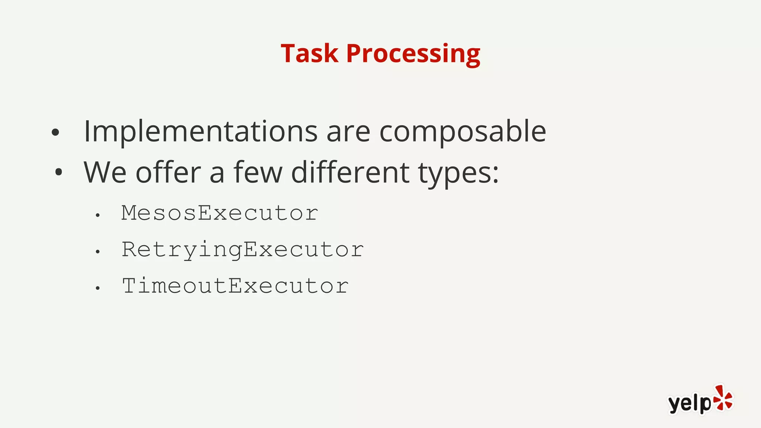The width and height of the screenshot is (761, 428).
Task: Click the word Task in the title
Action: pyautogui.click(x=309, y=53)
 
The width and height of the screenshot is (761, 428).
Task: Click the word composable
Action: pyautogui.click(x=462, y=132)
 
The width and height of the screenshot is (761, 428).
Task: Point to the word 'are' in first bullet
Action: pyautogui.click(x=348, y=132)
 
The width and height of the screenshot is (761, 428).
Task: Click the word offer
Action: pyautogui.click(x=168, y=172)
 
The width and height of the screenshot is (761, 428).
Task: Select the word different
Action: pyautogui.click(x=350, y=172)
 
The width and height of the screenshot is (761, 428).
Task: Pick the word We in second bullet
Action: pyautogui.click(x=105, y=172)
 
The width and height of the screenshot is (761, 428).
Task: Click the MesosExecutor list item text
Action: pyautogui.click(x=220, y=213)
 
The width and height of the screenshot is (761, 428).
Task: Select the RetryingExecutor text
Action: pyautogui.click(x=243, y=250)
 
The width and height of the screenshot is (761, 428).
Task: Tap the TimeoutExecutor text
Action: pyautogui.click(x=235, y=286)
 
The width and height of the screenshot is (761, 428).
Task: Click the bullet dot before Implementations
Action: pyautogui.click(x=55, y=133)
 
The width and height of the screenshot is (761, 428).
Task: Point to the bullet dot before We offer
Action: pyautogui.click(x=58, y=172)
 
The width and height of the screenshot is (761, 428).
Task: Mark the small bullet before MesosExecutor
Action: pyautogui.click(x=97, y=215)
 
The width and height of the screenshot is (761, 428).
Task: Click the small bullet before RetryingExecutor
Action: pyautogui.click(x=97, y=252)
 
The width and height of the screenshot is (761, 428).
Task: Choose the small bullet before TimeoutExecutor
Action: pyautogui.click(x=97, y=288)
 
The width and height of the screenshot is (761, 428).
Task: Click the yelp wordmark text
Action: pyautogui.click(x=689, y=403)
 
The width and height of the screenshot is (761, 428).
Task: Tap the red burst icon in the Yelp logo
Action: pyautogui.click(x=723, y=398)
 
